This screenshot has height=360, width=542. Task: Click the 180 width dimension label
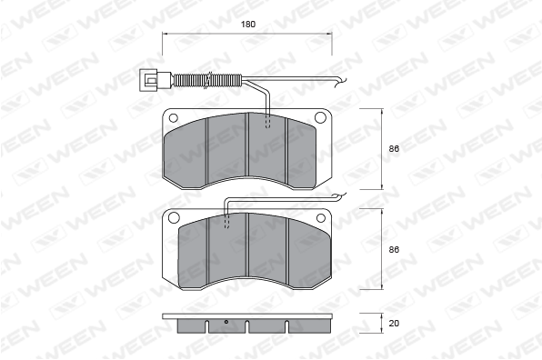248,25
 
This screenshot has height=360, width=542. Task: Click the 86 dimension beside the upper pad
394,149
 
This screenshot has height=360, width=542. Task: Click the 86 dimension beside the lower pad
394,249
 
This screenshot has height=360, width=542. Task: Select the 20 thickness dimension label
394,324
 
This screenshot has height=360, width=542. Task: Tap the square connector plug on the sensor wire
148,80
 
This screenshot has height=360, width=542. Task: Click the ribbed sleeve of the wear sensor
206,80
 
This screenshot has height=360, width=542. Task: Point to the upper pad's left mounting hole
173,118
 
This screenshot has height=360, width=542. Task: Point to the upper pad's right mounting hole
320,118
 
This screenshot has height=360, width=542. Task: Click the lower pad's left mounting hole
174,217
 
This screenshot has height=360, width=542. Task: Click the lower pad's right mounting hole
321,217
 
